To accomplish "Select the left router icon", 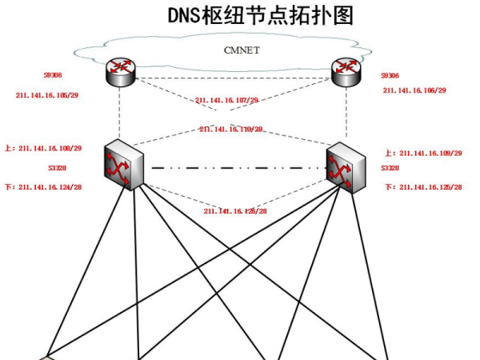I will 121,74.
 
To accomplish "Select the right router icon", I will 346,74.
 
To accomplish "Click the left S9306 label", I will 53,76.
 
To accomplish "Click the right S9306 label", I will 390,75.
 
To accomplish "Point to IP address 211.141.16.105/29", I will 47,94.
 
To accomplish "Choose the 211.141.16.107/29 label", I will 226,101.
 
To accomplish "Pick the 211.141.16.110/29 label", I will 231,129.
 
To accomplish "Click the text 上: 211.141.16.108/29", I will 50,148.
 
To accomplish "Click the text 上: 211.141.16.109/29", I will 423,152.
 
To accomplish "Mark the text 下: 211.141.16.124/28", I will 50,187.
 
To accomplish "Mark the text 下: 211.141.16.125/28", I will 423,186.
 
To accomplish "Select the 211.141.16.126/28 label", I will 235,211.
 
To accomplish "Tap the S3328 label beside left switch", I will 57,169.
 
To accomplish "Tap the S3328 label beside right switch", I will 390,169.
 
